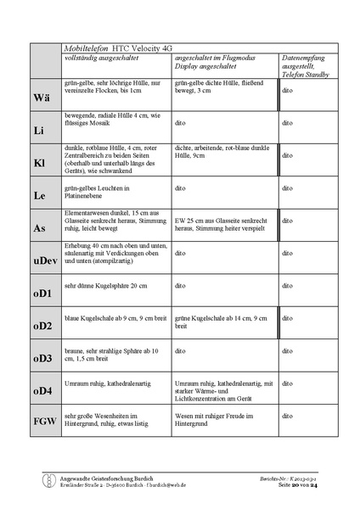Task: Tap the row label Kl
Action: (40, 160)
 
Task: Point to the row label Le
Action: (39, 195)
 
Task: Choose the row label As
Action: (40, 228)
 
